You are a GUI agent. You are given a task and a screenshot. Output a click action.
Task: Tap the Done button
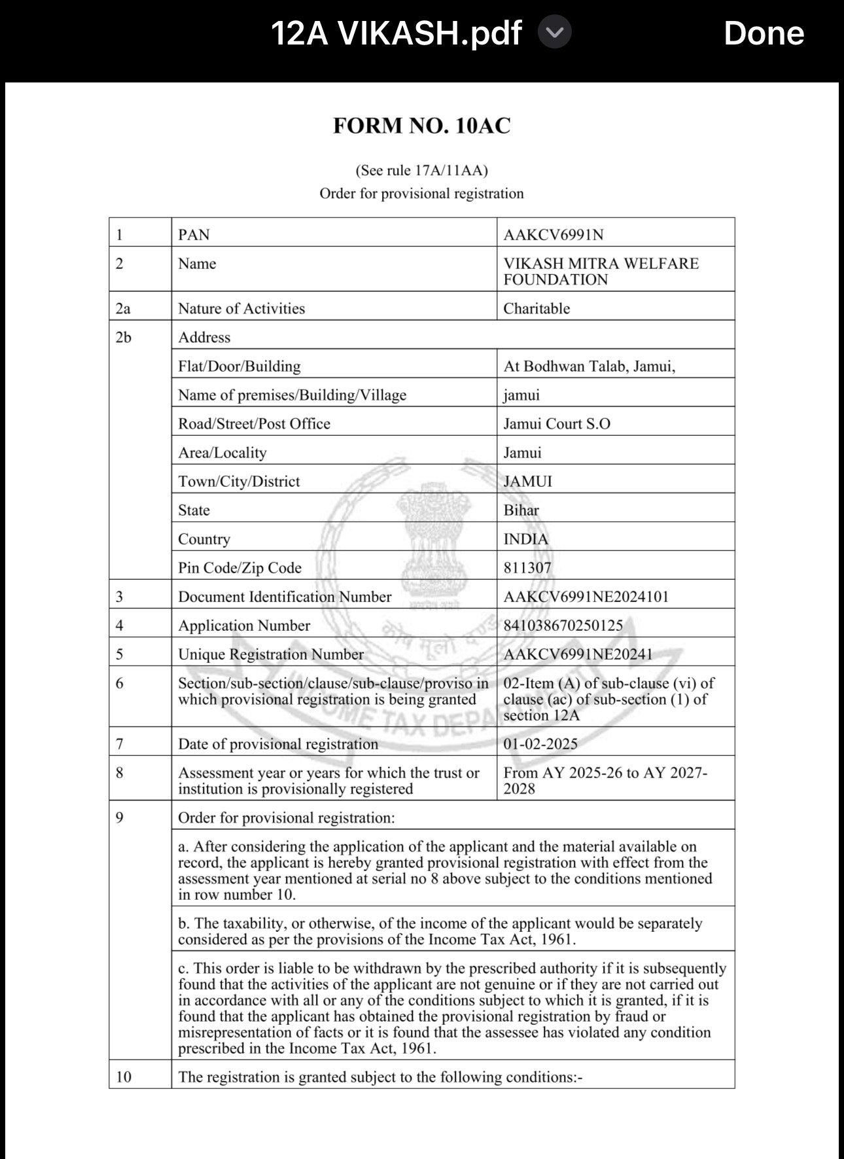point(763,33)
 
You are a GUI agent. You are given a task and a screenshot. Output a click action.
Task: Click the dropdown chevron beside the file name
point(554,33)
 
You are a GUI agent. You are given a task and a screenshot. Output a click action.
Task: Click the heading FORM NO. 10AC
point(421,126)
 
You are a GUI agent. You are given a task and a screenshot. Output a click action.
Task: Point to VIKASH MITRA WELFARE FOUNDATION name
point(601,272)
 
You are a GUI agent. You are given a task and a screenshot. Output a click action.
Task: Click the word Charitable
point(536,308)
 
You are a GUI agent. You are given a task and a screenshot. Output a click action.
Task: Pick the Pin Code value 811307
point(527,567)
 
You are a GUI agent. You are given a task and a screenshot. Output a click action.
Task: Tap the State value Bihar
point(521,510)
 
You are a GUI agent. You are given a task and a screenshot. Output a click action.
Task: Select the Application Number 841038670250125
point(563,625)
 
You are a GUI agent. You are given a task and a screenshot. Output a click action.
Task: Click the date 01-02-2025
point(540,743)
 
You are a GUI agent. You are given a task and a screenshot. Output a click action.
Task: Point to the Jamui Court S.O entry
point(557,423)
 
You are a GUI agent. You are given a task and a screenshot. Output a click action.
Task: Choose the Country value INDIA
point(526,539)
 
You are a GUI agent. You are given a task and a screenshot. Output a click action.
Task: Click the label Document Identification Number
point(285,596)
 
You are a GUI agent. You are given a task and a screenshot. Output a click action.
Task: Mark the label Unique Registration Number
point(271,654)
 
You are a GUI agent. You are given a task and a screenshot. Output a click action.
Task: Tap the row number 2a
point(123,308)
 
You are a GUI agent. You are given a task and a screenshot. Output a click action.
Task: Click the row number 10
point(123,1077)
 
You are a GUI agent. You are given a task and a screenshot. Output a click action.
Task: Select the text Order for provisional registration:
point(287,817)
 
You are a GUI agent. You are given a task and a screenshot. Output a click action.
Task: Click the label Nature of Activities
point(241,308)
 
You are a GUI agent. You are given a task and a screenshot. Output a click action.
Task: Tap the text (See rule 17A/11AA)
point(421,170)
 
